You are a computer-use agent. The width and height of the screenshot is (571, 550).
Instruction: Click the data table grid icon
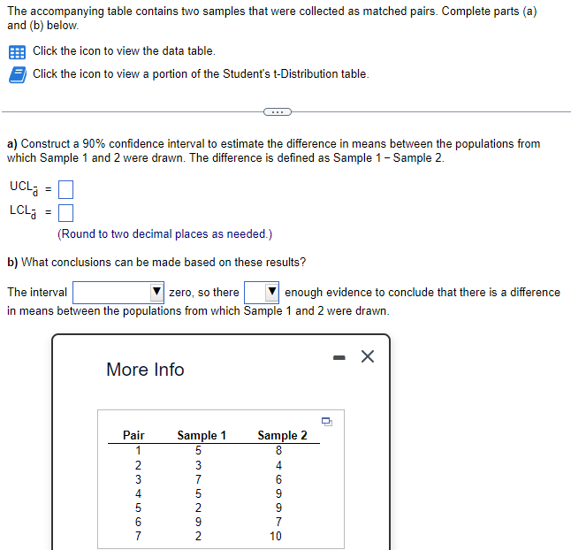click(17, 51)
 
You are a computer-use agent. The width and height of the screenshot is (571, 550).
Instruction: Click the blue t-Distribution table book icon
click(17, 74)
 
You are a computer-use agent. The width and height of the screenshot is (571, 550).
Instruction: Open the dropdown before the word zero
click(118, 293)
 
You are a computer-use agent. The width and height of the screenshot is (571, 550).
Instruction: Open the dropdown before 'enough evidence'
click(262, 293)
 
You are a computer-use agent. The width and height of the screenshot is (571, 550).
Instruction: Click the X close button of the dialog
click(368, 356)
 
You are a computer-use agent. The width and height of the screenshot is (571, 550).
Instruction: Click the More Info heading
click(145, 370)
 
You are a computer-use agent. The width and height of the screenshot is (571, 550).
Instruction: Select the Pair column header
click(133, 435)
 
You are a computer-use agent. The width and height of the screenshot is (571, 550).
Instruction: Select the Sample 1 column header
click(202, 435)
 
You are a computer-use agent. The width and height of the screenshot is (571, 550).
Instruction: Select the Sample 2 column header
click(282, 435)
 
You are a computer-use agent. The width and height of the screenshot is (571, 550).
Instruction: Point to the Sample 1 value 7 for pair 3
click(198, 478)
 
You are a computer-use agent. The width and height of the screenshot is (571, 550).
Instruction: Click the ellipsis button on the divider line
click(277, 112)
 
